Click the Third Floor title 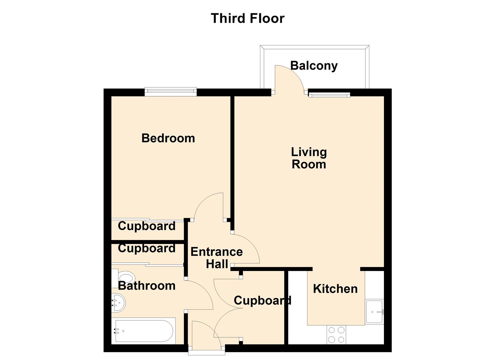tap(247, 18)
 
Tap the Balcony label tap(314, 66)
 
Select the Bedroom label tap(168, 138)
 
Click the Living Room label tap(309, 158)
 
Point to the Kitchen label tap(335, 289)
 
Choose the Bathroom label tap(147, 286)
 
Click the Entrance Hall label tap(217, 258)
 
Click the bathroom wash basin tap(118, 303)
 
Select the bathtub tap(143, 331)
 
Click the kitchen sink tap(374, 312)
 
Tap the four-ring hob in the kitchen tap(336, 335)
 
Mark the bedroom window tap(171, 92)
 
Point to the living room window tap(329, 95)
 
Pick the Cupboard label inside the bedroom tap(147, 226)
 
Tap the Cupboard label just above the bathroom tap(147, 248)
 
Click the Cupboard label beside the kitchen tap(263, 301)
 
